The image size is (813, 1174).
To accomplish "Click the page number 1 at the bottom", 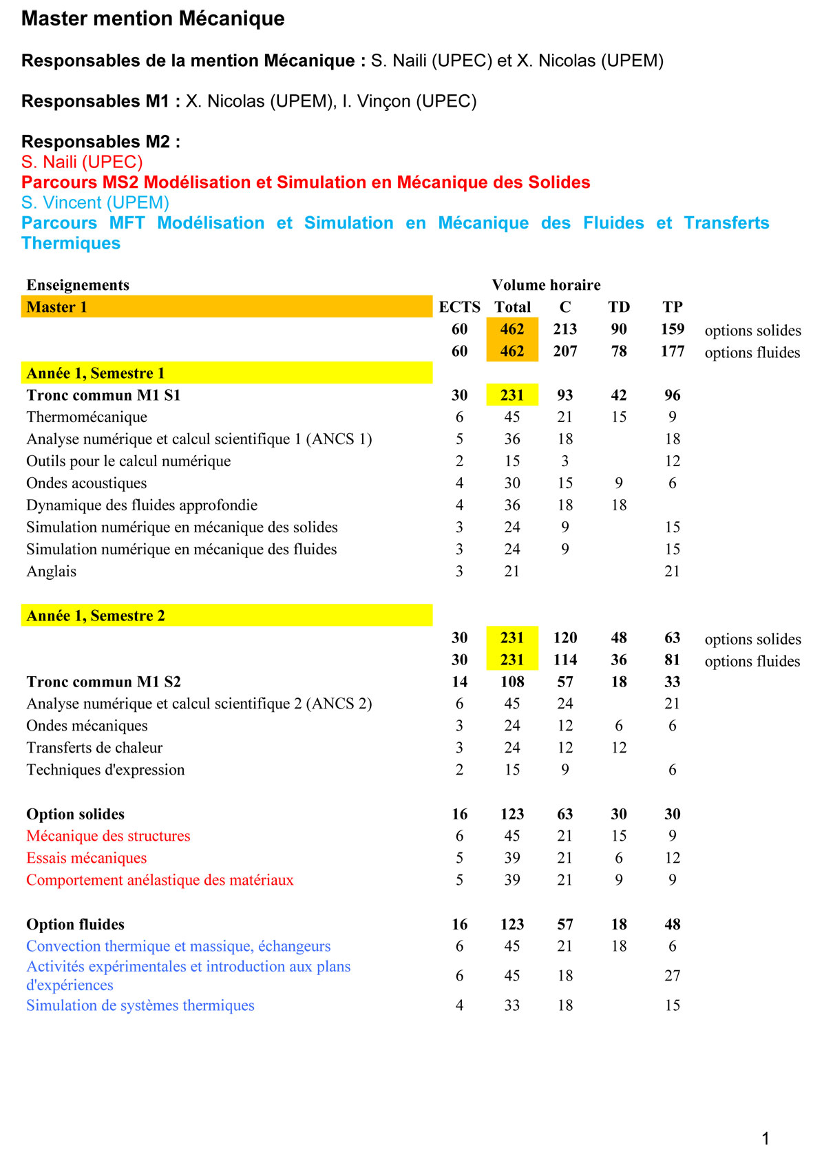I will click(765, 1139).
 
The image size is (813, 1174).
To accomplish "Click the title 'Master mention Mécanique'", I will click(153, 19).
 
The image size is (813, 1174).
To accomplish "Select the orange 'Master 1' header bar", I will click(226, 307).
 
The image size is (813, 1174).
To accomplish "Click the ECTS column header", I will click(459, 307).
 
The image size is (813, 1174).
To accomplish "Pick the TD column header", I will click(619, 307).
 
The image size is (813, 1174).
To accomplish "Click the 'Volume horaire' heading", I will click(546, 285).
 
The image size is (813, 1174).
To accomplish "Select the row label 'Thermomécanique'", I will click(87, 417).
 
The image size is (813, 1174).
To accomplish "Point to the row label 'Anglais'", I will click(52, 572).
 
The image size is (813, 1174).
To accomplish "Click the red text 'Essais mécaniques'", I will click(87, 858).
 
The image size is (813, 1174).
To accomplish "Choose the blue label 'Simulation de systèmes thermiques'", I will click(140, 1005).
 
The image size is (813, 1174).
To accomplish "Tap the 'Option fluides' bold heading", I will click(76, 924).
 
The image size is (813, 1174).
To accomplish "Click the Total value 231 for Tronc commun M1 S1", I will click(512, 395).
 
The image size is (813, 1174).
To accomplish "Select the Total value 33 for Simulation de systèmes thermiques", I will click(512, 1005).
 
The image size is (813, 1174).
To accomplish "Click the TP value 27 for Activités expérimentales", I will click(673, 976).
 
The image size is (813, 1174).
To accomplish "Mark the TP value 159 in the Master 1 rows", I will click(673, 329).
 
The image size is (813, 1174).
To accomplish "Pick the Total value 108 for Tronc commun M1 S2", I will click(512, 682).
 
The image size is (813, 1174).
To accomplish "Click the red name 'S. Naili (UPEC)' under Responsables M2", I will click(82, 162).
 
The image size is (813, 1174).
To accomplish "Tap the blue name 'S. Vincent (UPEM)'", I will click(95, 202).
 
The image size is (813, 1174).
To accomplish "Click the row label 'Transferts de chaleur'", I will click(95, 748).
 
